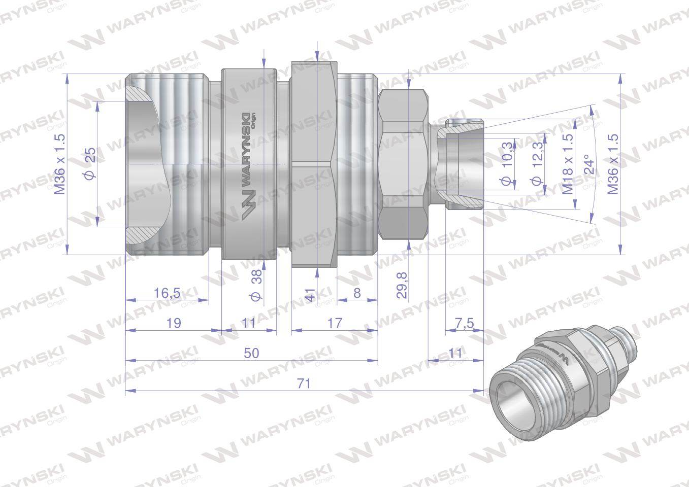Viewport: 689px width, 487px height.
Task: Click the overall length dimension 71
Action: pos(304,384)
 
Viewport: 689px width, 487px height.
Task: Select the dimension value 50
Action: pos(251,354)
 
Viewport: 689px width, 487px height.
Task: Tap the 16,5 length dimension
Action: pos(167,293)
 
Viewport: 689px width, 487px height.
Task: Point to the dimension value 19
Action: pos(174,323)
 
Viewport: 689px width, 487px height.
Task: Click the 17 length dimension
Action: pos(335,323)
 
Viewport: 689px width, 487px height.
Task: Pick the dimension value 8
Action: pos(357,293)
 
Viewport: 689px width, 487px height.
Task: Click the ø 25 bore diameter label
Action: pos(90,164)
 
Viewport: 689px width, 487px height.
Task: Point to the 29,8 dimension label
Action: pos(402,285)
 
